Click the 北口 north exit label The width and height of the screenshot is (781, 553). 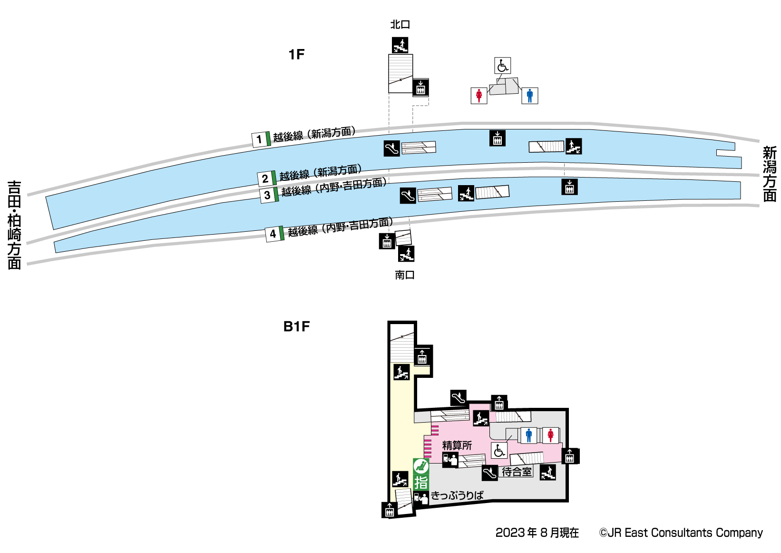tap(400, 24)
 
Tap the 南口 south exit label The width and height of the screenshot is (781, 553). tap(405, 275)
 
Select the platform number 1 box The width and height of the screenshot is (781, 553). tap(259, 139)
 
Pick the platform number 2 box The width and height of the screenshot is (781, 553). tap(265, 179)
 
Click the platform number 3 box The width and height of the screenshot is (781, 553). tap(267, 195)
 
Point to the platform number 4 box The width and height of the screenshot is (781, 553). tap(273, 234)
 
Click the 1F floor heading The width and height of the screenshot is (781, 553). tap(296, 55)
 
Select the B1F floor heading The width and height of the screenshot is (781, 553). tap(296, 326)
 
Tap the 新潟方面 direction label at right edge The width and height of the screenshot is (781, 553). tap(770, 174)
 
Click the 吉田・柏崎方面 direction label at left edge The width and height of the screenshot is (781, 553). tap(14, 225)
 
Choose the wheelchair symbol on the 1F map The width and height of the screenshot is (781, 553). tap(503, 66)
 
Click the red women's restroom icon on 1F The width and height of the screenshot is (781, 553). tap(479, 96)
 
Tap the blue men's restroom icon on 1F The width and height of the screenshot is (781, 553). tap(530, 96)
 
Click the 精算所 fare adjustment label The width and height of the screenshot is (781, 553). tap(457, 445)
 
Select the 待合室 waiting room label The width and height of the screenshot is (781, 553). tap(517, 472)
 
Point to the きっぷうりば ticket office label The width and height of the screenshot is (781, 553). tap(457, 495)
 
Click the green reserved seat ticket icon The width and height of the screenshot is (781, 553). tap(421, 466)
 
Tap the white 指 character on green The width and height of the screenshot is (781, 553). tap(421, 483)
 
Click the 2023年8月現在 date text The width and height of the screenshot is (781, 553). tap(537, 533)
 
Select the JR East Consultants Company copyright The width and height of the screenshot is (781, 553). tap(681, 533)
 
